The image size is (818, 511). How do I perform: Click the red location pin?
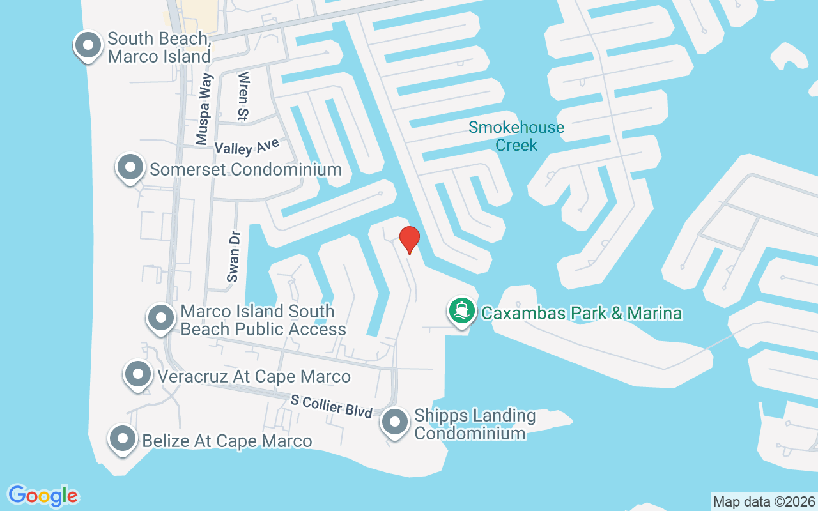click(x=409, y=240)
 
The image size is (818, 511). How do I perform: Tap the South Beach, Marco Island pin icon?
click(x=89, y=45)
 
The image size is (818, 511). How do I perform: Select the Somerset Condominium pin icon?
click(x=130, y=168)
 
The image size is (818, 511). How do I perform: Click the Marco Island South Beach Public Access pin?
click(x=161, y=318)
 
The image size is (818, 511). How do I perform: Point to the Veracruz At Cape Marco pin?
click(x=138, y=375)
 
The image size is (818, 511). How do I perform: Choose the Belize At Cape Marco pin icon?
click(x=123, y=439)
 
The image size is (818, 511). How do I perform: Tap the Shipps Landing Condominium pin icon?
click(x=395, y=423)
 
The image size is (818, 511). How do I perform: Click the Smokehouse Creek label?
click(x=516, y=136)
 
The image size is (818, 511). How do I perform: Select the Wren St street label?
click(x=243, y=96)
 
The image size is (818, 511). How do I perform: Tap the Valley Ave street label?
click(x=247, y=147)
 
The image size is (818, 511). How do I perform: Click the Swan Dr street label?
click(x=233, y=256)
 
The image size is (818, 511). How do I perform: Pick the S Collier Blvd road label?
click(x=331, y=406)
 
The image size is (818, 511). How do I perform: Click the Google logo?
click(x=43, y=496)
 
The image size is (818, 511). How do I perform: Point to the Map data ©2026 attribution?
click(x=764, y=501)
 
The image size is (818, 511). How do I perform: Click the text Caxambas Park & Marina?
click(x=582, y=314)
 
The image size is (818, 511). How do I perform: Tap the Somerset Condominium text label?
click(x=245, y=170)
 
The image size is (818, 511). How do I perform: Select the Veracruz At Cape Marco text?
click(x=254, y=377)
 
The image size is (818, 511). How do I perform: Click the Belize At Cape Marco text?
click(x=227, y=441)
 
